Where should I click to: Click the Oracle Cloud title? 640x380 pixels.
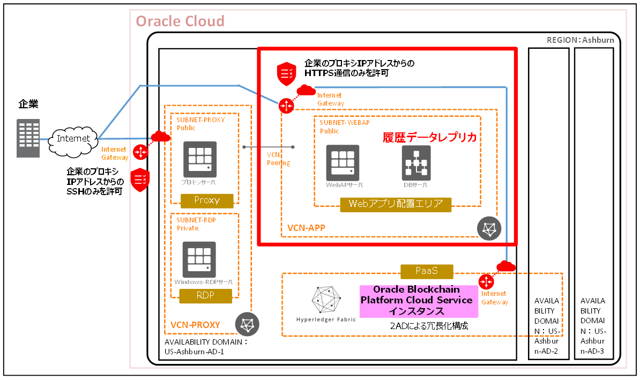[180, 21]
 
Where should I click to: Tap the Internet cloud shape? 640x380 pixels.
[73, 139]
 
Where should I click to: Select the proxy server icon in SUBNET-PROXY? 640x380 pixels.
[199, 159]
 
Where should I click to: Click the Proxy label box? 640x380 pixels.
[207, 200]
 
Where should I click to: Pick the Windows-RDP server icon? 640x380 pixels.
[199, 259]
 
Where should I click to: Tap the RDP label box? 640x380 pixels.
[205, 295]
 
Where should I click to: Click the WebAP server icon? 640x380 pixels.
[343, 162]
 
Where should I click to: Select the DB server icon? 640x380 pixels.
[416, 162]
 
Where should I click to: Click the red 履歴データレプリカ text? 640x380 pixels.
[429, 138]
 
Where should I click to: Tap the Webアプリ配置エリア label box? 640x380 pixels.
[396, 204]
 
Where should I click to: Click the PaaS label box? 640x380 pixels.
[427, 271]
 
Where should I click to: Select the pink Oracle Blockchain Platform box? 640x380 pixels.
[416, 301]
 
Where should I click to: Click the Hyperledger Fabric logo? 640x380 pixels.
[326, 300]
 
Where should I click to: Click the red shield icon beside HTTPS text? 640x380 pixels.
[285, 74]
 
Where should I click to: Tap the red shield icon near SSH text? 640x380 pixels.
[140, 181]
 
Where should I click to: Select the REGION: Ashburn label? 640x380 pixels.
[580, 40]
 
